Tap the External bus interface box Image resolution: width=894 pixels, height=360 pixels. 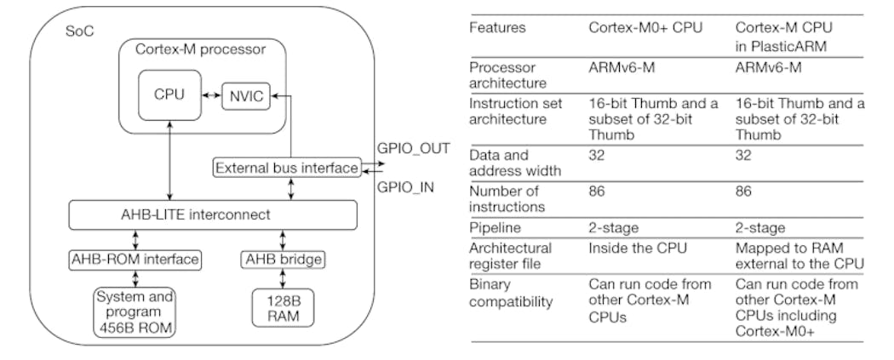pos(286,169)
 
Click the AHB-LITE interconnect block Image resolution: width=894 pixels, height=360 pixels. pos(213,213)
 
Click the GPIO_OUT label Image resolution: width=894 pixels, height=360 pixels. pos(413,147)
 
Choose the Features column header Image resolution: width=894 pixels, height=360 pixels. pos(498,28)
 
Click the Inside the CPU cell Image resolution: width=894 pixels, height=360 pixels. pos(637,249)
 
